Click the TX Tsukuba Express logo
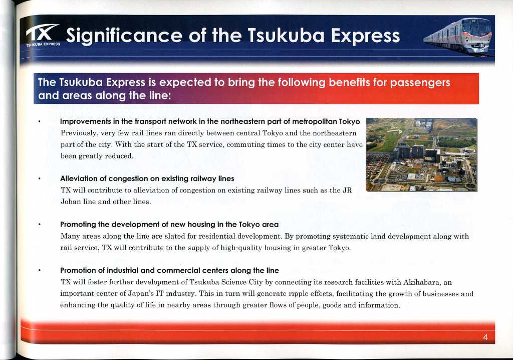pos(43,35)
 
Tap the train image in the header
pos(458,36)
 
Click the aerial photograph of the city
pos(422,154)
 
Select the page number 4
pos(485,337)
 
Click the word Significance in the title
pos(124,36)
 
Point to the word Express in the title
pos(365,36)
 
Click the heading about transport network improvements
pos(210,121)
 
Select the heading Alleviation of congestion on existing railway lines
pos(147,178)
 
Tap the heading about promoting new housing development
pos(169,225)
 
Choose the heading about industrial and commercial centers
pos(169,270)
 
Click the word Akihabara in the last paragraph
pos(423,282)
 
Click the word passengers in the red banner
pos(420,83)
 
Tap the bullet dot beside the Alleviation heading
pos(39,179)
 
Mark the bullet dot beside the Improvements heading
pos(39,122)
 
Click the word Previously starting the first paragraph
pos(79,133)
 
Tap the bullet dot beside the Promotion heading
pos(39,271)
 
